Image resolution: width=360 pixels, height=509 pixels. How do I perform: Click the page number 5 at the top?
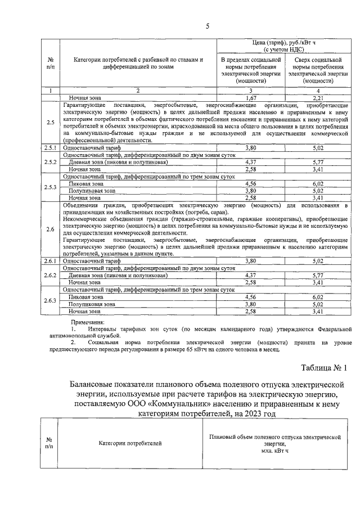[x=208, y=26]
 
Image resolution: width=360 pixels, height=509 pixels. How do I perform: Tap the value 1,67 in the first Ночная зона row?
[x=251, y=98]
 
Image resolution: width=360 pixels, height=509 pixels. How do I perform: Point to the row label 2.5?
[x=51, y=123]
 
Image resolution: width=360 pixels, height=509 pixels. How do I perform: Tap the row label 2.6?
[x=51, y=229]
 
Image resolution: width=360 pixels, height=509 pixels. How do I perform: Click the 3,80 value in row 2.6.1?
[x=251, y=261]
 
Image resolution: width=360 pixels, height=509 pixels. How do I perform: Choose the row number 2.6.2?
[x=51, y=274]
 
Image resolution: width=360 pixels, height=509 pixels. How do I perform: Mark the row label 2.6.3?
[x=51, y=300]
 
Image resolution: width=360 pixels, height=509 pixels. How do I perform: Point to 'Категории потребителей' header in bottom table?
[x=130, y=443]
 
